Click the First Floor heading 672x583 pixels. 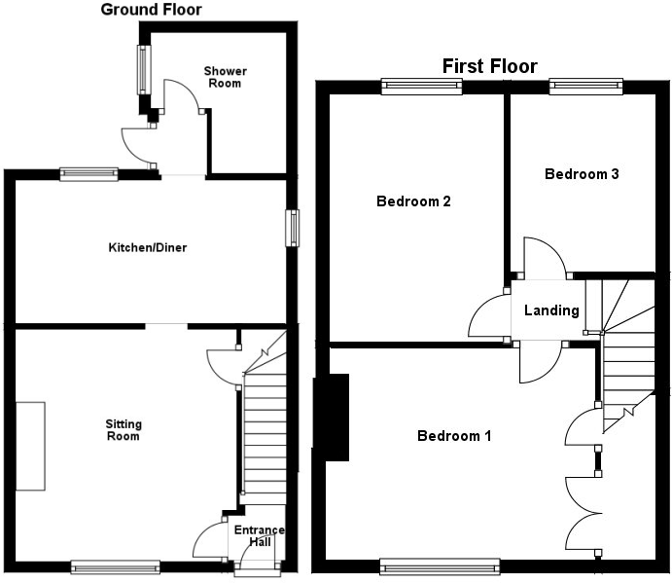(x=489, y=66)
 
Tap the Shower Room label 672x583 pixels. (x=225, y=77)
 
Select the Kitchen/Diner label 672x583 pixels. (x=147, y=247)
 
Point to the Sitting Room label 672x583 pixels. (x=124, y=430)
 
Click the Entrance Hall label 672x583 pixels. (x=259, y=536)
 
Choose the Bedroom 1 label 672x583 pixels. (x=454, y=436)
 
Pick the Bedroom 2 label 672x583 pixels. (x=413, y=202)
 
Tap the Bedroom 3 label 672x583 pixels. (x=582, y=174)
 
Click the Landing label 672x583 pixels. (x=551, y=310)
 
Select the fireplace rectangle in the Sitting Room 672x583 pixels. (x=30, y=446)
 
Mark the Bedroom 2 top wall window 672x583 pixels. (x=421, y=86)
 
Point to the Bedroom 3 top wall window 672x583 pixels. (x=584, y=86)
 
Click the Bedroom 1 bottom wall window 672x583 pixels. (x=440, y=565)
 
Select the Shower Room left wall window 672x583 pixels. (x=144, y=68)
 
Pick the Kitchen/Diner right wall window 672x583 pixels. (x=291, y=228)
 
